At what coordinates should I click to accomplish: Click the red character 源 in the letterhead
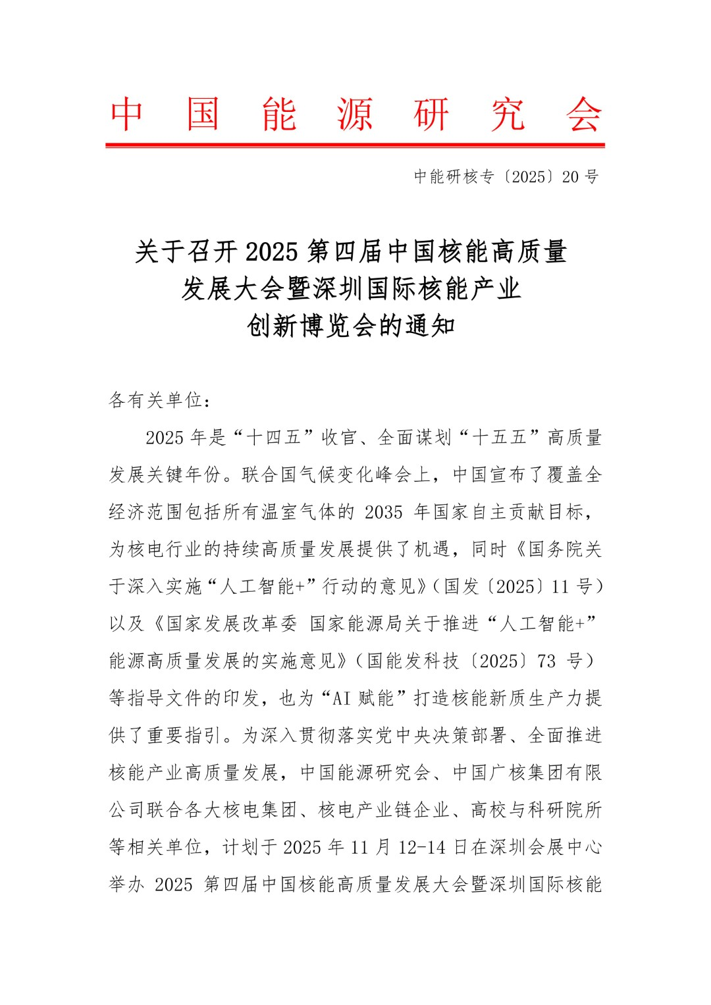coord(355,115)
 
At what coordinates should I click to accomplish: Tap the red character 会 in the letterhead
coord(583,115)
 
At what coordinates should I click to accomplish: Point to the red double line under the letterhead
coord(355,145)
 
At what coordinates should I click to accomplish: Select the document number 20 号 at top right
coord(580,176)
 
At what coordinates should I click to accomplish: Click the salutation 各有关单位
coord(155,400)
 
